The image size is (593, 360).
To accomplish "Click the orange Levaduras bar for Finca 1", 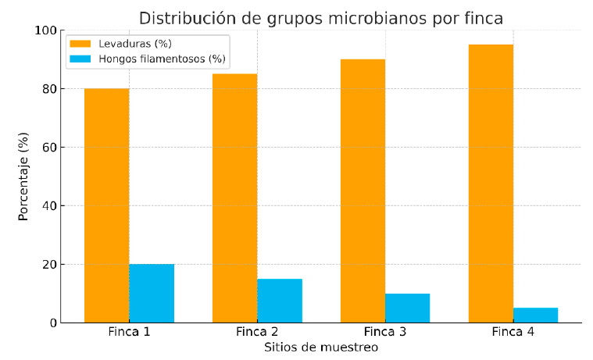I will [x=106, y=205].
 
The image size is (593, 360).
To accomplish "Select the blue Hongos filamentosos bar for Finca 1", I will [x=152, y=294].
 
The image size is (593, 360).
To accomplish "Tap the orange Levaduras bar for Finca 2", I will [x=234, y=198].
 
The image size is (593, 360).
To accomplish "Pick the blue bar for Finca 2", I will [x=280, y=301].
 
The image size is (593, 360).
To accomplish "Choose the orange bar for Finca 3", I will [x=363, y=191].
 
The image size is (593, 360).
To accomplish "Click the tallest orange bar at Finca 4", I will [x=491, y=184].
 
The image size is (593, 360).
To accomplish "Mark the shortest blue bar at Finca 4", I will [x=535, y=315].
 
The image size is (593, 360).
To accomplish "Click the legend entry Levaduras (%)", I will [x=131, y=43].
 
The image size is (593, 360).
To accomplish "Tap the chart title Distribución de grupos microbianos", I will [x=321, y=18].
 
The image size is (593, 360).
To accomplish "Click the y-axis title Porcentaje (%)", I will [x=23, y=176].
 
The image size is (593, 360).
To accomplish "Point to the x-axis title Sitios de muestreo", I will [x=321, y=348].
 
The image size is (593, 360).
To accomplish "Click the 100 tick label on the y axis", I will [x=46, y=30].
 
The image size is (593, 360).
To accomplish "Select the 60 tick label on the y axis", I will [x=49, y=148].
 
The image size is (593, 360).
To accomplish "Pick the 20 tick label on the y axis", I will [x=49, y=265].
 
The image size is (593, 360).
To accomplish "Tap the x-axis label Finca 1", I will [x=129, y=332].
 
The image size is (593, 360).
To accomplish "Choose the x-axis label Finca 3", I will [x=385, y=332].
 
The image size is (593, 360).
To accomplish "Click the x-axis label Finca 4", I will [x=513, y=332].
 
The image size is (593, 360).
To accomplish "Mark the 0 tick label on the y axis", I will [x=52, y=323].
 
